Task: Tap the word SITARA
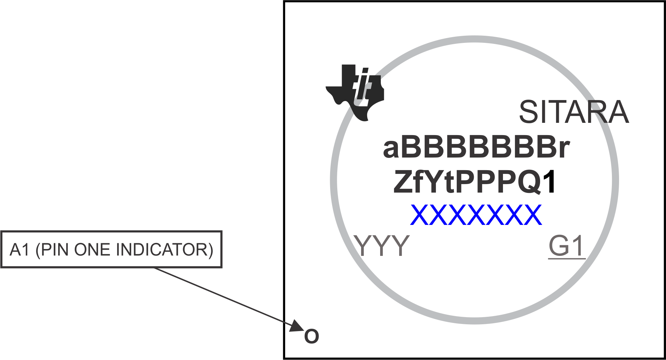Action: pyautogui.click(x=574, y=112)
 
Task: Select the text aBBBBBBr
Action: pyautogui.click(x=476, y=148)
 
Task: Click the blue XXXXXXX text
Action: pyautogui.click(x=476, y=215)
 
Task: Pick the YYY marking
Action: pyautogui.click(x=382, y=246)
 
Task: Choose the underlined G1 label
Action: pyautogui.click(x=566, y=246)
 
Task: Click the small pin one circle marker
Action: pyautogui.click(x=311, y=336)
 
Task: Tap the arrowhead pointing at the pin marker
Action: pyautogui.click(x=297, y=326)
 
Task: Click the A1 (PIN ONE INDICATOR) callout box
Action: pyautogui.click(x=111, y=249)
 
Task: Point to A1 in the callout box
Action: pyautogui.click(x=20, y=250)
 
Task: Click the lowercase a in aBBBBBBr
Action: pyautogui.click(x=391, y=150)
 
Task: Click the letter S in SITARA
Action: pyautogui.click(x=529, y=112)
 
